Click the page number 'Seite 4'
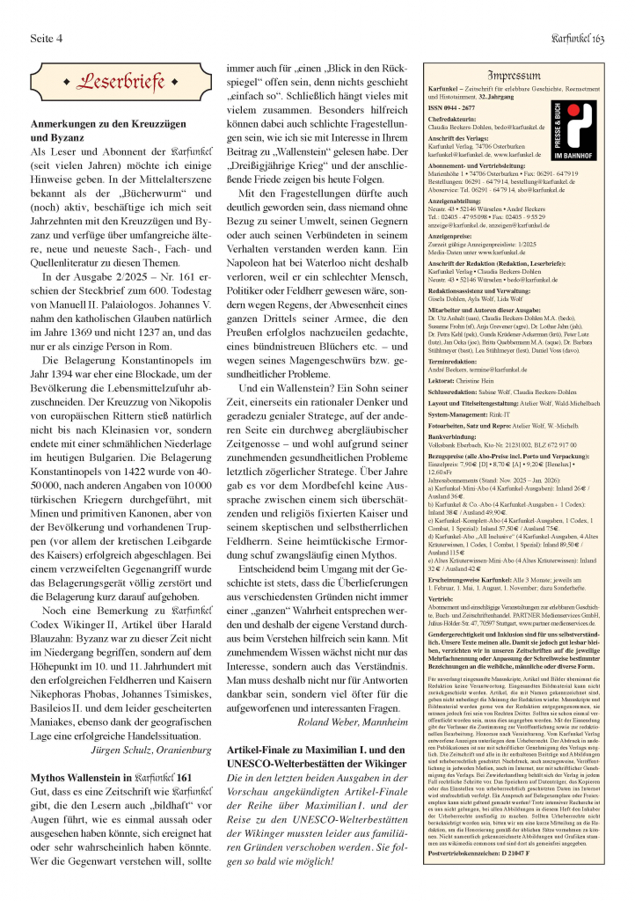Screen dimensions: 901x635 (48, 39)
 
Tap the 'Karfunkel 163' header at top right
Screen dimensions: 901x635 (574, 39)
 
